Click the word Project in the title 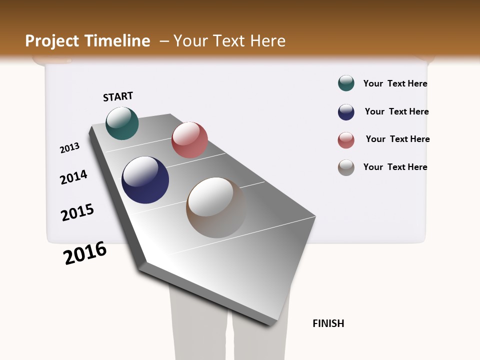[52, 41]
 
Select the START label [118, 96]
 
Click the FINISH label [328, 323]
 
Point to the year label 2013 [69, 148]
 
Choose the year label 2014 [73, 177]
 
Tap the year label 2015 [77, 212]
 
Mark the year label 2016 [85, 253]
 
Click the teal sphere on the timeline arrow [122, 123]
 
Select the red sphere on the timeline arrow [189, 140]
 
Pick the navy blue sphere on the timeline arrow [145, 180]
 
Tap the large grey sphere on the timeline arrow [216, 207]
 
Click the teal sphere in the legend [346, 83]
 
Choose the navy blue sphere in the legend [346, 112]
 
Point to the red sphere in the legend [346, 140]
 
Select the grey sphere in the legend [346, 167]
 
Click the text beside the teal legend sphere [395, 83]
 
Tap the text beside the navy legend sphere [396, 111]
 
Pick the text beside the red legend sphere [397, 139]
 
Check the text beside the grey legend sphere [395, 167]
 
